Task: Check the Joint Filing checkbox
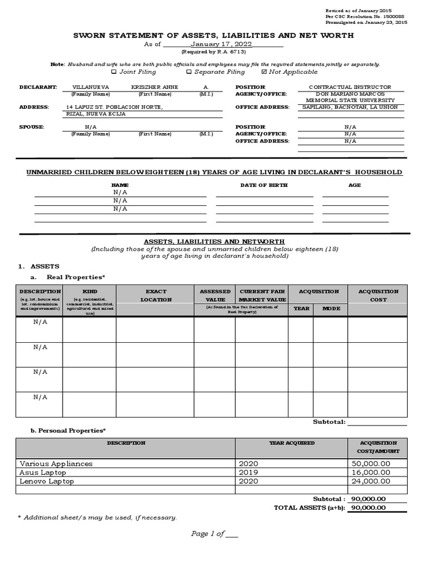coord(114,72)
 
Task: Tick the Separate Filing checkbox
coord(189,72)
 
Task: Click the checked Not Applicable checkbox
coord(263,72)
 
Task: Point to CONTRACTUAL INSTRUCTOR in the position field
coord(349,87)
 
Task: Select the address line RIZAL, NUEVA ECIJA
coord(96,114)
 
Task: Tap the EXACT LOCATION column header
coord(155,295)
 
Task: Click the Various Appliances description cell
coord(56,463)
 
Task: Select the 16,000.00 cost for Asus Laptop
coord(371,472)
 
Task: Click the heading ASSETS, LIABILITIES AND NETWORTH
coord(214,242)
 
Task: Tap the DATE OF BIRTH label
coord(263,185)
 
